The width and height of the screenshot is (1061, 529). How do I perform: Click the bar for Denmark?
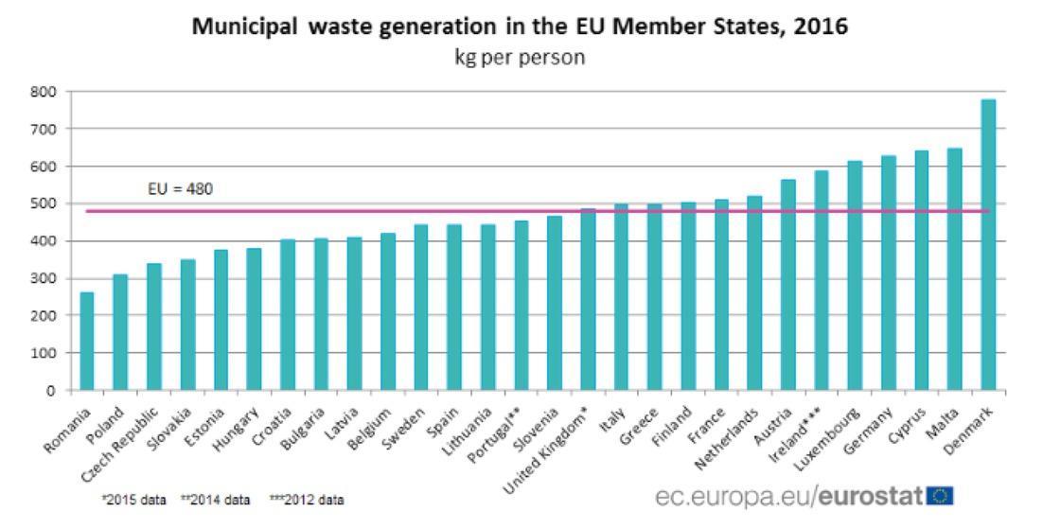[988, 245]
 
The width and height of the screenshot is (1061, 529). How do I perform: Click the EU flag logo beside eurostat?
[942, 496]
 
